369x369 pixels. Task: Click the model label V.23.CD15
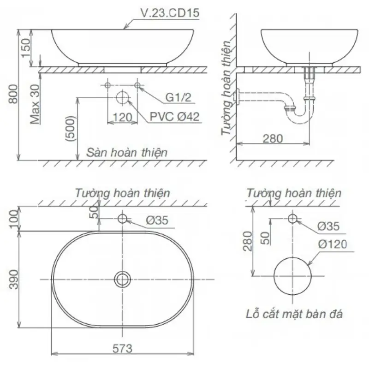tap(170, 13)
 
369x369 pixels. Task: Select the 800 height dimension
tap(13, 94)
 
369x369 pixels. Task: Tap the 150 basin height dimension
tap(26, 48)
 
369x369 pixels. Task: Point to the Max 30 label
tap(35, 104)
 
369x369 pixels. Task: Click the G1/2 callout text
tap(179, 97)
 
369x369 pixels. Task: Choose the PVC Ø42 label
tap(175, 117)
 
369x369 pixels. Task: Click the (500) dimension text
tap(71, 129)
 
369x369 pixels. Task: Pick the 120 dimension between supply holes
tap(122, 117)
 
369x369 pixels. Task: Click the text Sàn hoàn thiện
tap(127, 153)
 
